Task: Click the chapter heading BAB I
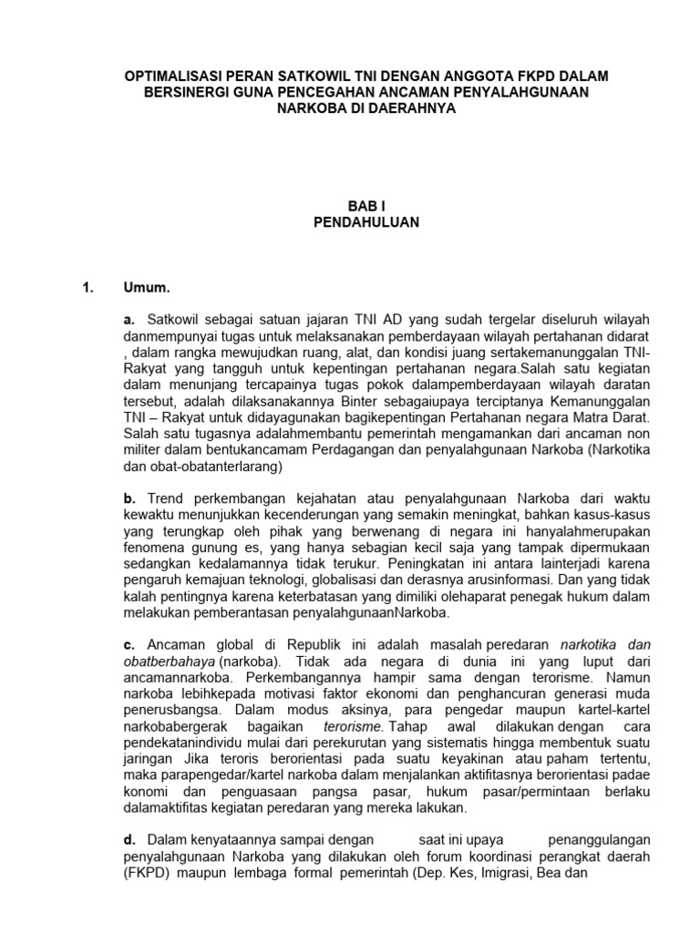click(x=349, y=206)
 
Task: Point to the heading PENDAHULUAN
click(x=349, y=222)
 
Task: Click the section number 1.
click(x=88, y=289)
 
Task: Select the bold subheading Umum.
click(x=147, y=289)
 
